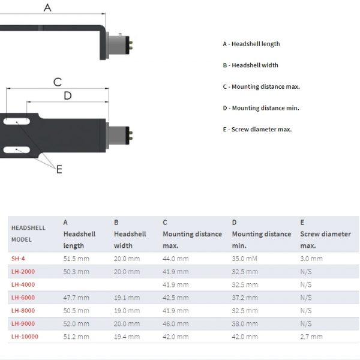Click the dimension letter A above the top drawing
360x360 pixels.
[x=47, y=8]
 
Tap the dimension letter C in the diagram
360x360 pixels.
[x=58, y=82]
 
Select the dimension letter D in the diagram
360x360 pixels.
[x=68, y=95]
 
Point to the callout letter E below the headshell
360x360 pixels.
[x=59, y=169]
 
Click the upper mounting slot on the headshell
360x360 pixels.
[x=17, y=121]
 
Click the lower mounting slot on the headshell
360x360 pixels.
[x=17, y=150]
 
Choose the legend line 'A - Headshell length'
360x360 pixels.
[x=251, y=44]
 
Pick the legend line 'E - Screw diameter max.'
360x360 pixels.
[x=257, y=129]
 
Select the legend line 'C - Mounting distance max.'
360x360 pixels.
[x=261, y=86]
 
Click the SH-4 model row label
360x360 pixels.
[x=18, y=259]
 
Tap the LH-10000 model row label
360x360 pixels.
[x=25, y=337]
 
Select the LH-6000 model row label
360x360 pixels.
[x=23, y=298]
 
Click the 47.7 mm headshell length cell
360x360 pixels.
[x=76, y=298]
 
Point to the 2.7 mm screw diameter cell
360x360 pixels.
[x=311, y=337]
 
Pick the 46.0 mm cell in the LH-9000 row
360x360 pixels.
[x=175, y=324]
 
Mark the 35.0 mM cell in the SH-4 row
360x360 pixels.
[x=244, y=259]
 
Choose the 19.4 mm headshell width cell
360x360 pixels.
[x=127, y=337]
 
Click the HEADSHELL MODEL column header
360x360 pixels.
[x=28, y=234]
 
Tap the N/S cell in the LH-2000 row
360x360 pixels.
[x=306, y=272]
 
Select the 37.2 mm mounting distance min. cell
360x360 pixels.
[x=245, y=298]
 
